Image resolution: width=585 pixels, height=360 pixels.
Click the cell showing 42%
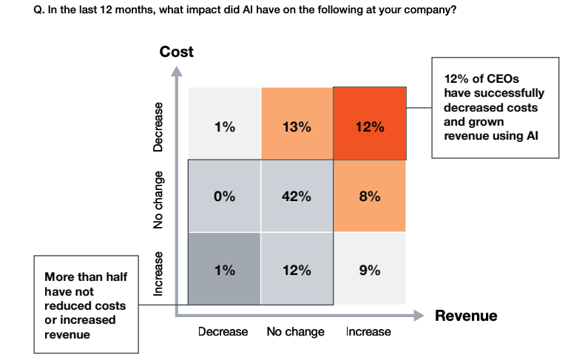[x=297, y=197]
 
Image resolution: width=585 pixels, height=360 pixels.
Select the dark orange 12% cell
[x=369, y=124]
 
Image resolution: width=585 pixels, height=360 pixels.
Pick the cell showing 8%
[x=369, y=197]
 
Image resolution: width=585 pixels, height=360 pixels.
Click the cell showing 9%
[x=369, y=270]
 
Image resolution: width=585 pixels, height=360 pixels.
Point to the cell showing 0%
[x=224, y=197]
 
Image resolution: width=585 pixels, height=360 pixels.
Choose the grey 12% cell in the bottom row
[x=297, y=270]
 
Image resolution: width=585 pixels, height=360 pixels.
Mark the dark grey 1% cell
[x=224, y=270]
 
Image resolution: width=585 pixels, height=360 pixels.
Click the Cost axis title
[x=176, y=52]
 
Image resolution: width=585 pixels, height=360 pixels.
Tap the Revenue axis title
[x=466, y=316]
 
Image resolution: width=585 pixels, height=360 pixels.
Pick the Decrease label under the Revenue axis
[x=223, y=332]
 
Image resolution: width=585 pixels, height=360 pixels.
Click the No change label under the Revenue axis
[x=295, y=332]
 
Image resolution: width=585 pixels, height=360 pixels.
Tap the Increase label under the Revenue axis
[x=368, y=332]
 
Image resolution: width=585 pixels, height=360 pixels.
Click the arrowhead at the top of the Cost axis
[x=176, y=72]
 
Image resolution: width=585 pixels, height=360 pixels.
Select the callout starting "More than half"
[x=86, y=305]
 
